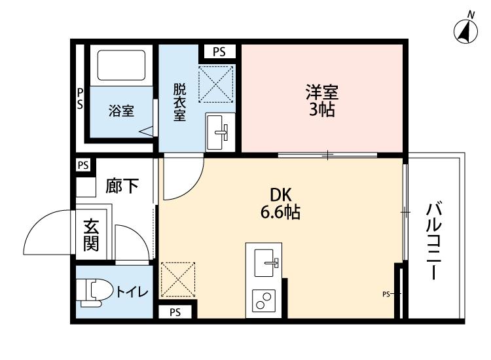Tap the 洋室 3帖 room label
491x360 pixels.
tap(322, 99)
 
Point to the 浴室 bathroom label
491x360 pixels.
tap(121, 111)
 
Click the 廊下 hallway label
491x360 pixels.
tap(122, 187)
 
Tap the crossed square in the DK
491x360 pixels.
tap(178, 279)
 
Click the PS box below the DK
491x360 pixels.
tap(175, 312)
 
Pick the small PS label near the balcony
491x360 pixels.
tap(386, 294)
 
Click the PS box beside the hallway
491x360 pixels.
tap(83, 165)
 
